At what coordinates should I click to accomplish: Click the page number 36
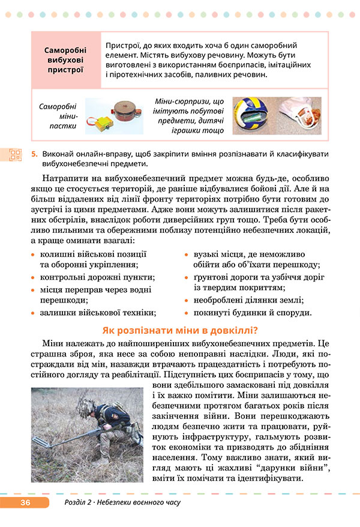point(25,502)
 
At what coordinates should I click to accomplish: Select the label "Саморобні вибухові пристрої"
point(65,60)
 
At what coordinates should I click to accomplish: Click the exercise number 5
point(34,154)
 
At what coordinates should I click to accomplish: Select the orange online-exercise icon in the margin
point(15,155)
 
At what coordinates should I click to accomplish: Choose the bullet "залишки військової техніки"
point(98,312)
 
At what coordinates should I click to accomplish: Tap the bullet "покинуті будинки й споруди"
point(252,312)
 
